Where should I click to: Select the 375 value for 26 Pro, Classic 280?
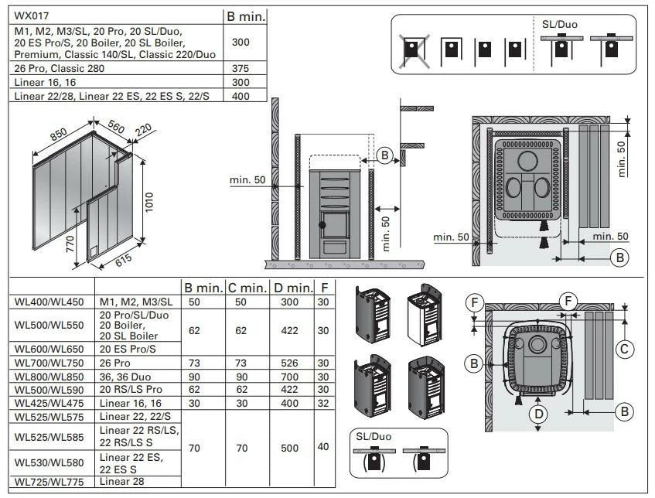coord(240,68)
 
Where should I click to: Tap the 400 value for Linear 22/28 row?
coord(240,95)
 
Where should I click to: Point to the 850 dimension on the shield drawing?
coord(58,134)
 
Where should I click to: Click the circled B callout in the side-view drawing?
coord(387,155)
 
